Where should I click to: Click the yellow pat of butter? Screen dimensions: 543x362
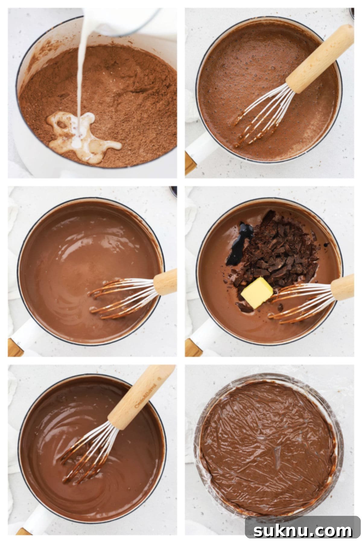point(257,293)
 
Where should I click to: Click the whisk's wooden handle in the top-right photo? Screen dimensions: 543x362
point(320,59)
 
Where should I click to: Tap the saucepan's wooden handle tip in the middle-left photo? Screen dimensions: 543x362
point(15,347)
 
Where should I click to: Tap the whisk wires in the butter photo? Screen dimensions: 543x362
point(302,305)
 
